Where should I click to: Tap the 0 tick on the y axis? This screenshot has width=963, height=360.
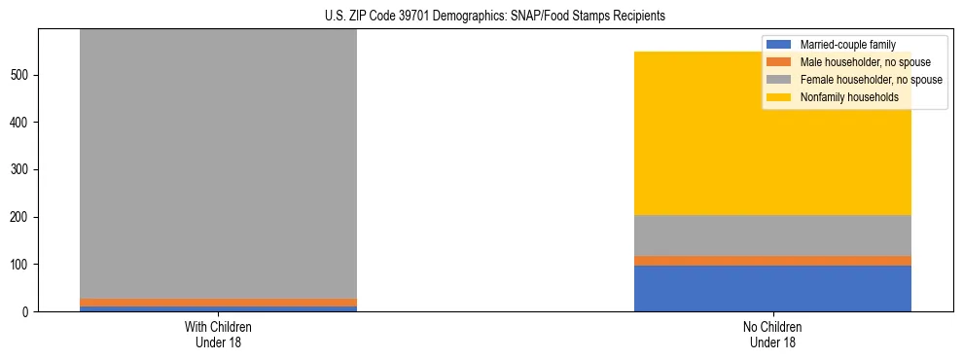click(x=28, y=311)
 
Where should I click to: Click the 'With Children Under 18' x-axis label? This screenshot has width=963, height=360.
click(x=218, y=335)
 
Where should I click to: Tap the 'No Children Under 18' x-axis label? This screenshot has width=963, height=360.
click(x=772, y=335)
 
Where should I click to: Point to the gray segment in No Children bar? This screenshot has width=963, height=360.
click(x=772, y=235)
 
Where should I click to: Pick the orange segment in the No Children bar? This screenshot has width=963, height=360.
click(x=772, y=261)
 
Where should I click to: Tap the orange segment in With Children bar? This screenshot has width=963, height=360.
click(x=218, y=303)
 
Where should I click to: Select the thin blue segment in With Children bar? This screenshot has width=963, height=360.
click(x=218, y=308)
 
